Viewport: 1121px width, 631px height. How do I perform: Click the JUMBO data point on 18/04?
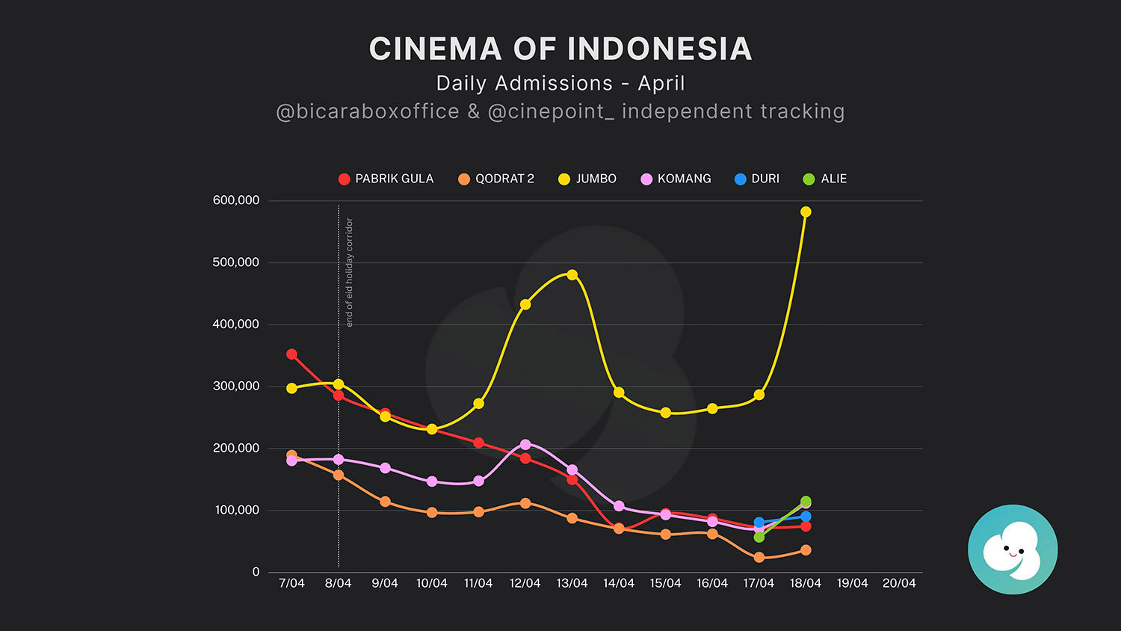coord(806,212)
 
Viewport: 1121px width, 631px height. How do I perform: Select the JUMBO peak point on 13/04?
coord(572,275)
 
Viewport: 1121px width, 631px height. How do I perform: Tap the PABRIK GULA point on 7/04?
coord(292,354)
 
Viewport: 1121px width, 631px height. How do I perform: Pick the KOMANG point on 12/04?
coord(525,445)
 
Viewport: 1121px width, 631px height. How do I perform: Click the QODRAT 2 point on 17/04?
coord(759,558)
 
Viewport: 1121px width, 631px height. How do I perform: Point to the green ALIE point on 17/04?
coord(759,538)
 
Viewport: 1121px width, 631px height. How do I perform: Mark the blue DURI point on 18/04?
coord(806,517)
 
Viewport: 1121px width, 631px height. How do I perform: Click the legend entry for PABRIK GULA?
coord(386,179)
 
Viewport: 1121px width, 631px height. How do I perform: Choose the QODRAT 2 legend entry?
coord(496,179)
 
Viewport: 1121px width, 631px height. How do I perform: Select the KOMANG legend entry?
coord(676,179)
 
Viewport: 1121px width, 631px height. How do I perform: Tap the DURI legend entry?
coord(757,179)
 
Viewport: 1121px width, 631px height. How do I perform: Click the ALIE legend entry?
coord(825,179)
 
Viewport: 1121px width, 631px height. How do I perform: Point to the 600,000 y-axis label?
coord(236,200)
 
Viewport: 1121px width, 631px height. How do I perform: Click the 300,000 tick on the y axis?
coord(236,387)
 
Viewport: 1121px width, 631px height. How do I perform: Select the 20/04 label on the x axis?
coord(899,583)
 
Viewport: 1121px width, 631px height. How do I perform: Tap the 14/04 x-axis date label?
coord(619,583)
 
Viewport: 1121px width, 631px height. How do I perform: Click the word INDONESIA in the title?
coord(660,49)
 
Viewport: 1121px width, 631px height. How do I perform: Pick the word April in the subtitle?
coord(661,83)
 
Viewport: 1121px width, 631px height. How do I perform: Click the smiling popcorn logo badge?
coord(1013,550)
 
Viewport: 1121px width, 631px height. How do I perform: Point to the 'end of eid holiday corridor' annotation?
coord(349,272)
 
